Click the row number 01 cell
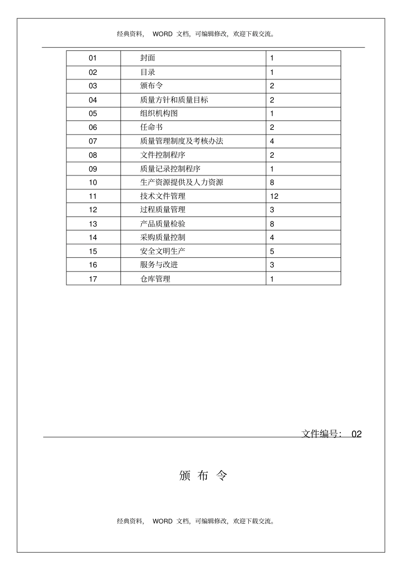pyautogui.click(x=93, y=58)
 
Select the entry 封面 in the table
pyautogui.click(x=148, y=58)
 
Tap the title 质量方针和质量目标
pyautogui.click(x=174, y=100)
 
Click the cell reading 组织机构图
pyautogui.click(x=159, y=113)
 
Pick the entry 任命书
pyautogui.click(x=151, y=127)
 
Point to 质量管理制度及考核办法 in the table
pyautogui.click(x=182, y=141)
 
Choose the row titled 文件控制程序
pyautogui.click(x=162, y=155)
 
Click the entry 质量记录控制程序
pyautogui.click(x=170, y=169)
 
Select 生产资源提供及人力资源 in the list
pyautogui.click(x=182, y=182)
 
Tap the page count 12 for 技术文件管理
pyautogui.click(x=274, y=196)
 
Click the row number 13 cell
pyautogui.click(x=93, y=224)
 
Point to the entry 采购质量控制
pyautogui.click(x=162, y=237)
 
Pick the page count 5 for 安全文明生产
pyautogui.click(x=272, y=251)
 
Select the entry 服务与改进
pyautogui.click(x=159, y=265)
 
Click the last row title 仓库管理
pyautogui.click(x=155, y=279)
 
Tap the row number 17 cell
pyautogui.click(x=93, y=279)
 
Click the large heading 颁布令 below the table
pyautogui.click(x=203, y=476)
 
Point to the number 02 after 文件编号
pyautogui.click(x=356, y=434)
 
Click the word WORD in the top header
pyautogui.click(x=162, y=34)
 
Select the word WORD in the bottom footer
pyautogui.click(x=162, y=521)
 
